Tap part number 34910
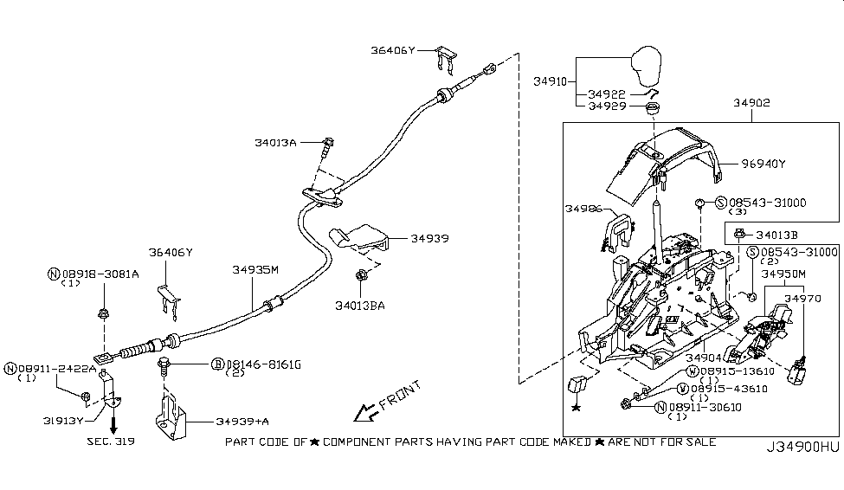click(551, 81)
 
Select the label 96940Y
click(762, 163)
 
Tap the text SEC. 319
click(113, 441)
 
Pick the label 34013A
click(275, 142)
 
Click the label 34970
click(802, 297)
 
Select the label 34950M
click(783, 274)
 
